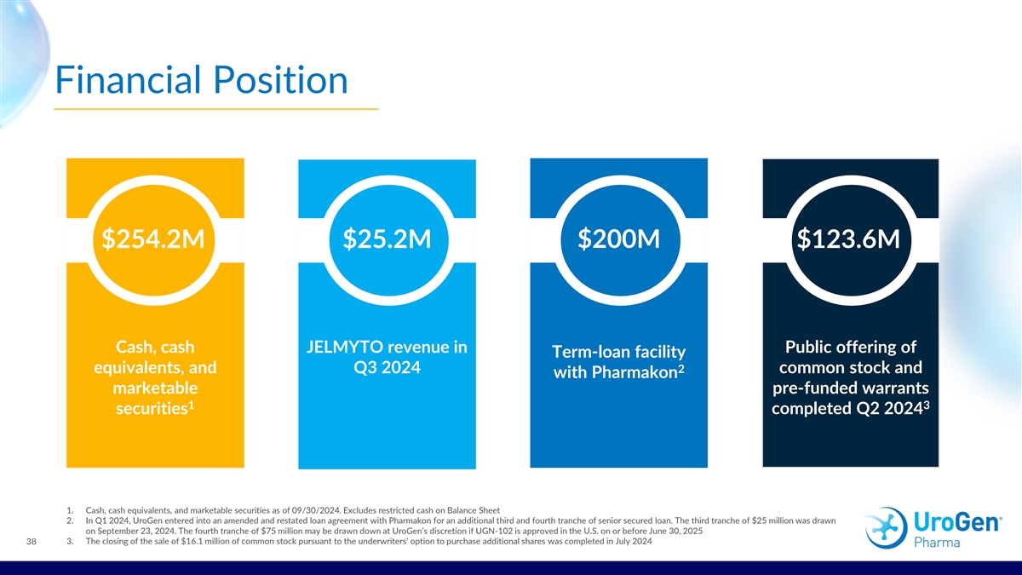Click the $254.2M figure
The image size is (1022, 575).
(x=152, y=239)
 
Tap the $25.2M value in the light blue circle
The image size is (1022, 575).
(x=387, y=239)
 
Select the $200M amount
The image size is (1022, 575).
(x=618, y=239)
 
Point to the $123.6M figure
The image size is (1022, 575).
(x=848, y=239)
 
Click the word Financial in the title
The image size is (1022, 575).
(x=128, y=80)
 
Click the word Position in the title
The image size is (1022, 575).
(x=280, y=80)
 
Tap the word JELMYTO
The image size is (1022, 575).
(x=351, y=348)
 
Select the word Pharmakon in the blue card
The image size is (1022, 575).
(x=638, y=372)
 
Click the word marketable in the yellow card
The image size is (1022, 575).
(x=155, y=388)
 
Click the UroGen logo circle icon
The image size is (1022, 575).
(x=886, y=527)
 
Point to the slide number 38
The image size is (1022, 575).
(x=31, y=542)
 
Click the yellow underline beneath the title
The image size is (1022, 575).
(x=216, y=109)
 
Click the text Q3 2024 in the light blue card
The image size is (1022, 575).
(x=387, y=367)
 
